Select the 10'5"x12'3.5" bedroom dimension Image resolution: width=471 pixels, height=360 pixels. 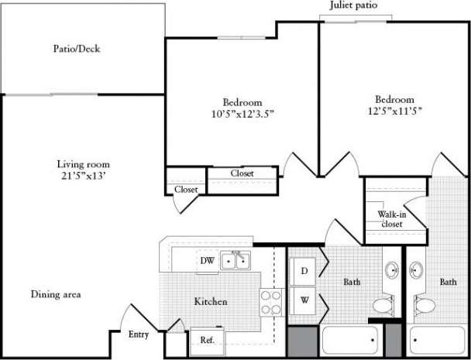[x=242, y=114]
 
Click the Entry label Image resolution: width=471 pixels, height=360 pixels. [x=138, y=334]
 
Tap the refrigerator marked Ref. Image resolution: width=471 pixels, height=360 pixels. [x=207, y=340]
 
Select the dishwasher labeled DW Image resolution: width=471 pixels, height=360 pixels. [x=207, y=261]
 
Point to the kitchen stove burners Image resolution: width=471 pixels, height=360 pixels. [x=271, y=302]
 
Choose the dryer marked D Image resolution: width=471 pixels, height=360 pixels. [x=304, y=270]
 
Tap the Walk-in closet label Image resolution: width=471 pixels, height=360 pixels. [x=391, y=218]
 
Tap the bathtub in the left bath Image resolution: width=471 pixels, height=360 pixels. [x=349, y=340]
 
